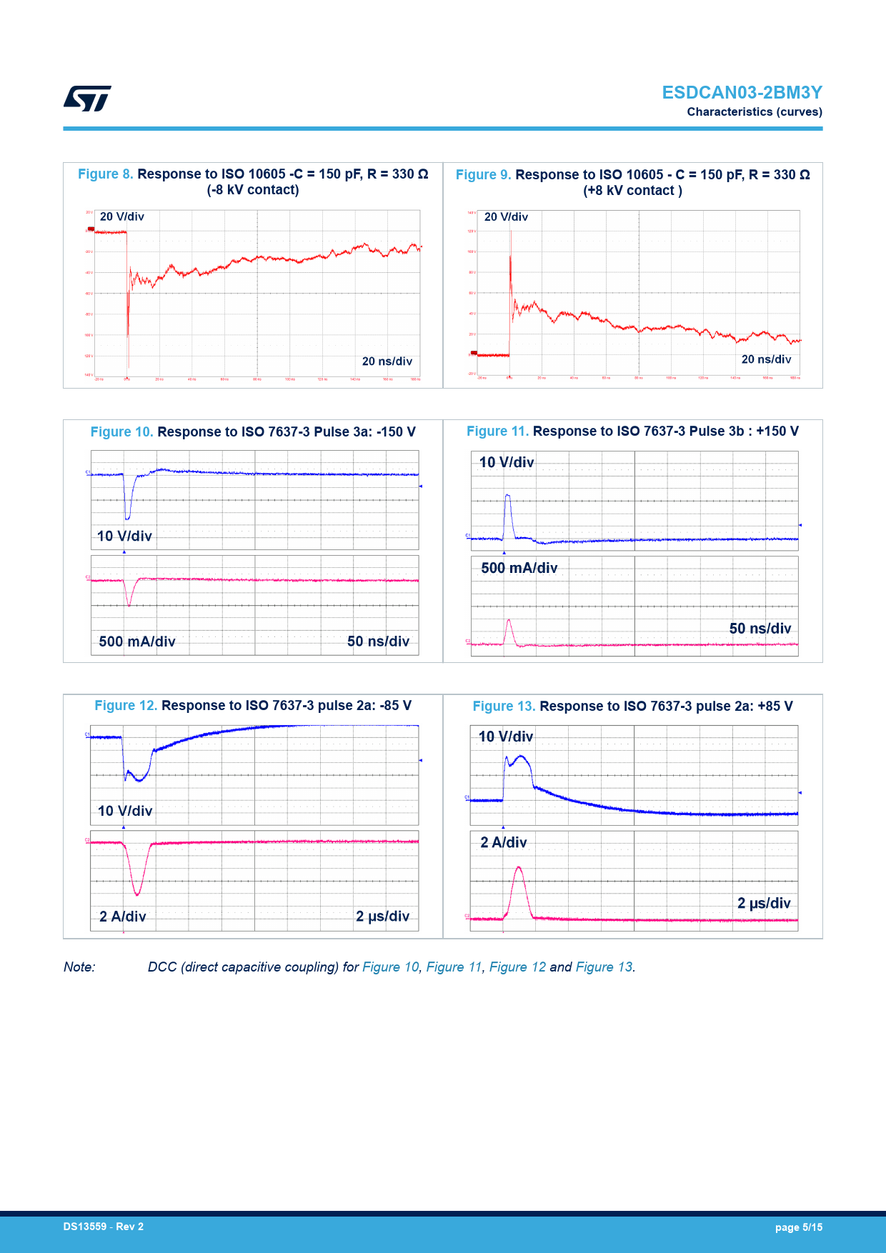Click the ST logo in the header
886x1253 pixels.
coord(87,99)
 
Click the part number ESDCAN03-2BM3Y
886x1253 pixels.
coord(742,93)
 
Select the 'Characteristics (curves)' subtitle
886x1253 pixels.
coord(754,112)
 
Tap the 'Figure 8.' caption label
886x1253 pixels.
coord(105,174)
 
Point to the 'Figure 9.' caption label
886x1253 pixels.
coord(483,175)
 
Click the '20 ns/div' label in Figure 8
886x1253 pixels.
coord(387,361)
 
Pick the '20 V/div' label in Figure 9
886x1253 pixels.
coord(506,217)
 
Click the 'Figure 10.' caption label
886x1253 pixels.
coord(121,432)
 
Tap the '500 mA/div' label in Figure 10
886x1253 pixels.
coord(137,642)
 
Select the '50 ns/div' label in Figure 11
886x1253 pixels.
coord(760,629)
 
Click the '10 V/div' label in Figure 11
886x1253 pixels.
coord(506,463)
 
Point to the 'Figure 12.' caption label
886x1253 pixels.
coord(126,706)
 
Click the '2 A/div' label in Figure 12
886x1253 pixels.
coord(123,917)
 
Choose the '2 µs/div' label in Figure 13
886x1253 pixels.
coord(764,904)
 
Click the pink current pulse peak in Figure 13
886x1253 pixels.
coord(519,868)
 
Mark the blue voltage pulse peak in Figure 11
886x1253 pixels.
coord(507,495)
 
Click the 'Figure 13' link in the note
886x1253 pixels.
coord(604,967)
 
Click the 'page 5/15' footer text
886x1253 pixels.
coord(798,1227)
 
